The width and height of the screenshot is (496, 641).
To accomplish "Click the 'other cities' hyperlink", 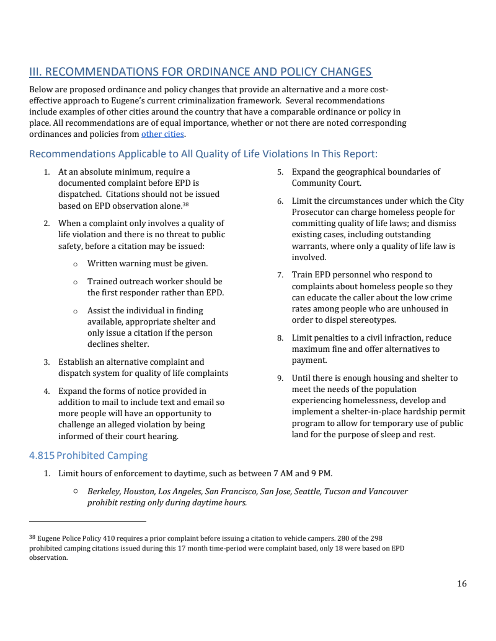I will pos(162,134).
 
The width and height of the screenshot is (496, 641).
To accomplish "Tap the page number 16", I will pos(461,583).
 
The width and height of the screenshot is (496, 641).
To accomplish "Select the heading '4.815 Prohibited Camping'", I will pos(88,455).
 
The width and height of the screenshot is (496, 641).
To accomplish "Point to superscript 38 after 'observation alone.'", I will pos(185,204).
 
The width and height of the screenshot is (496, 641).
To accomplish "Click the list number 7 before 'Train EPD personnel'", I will pos(280,275).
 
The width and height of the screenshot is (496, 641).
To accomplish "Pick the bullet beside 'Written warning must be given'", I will pos(75,264).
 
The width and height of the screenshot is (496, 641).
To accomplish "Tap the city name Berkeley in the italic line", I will pos(104,491).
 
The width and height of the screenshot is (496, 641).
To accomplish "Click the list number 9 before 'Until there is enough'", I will pos(280,378).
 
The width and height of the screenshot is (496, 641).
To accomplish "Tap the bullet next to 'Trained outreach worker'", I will pos(75,282).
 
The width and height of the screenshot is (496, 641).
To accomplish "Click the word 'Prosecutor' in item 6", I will pos(313,212).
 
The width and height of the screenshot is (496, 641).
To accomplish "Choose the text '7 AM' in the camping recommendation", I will pos(282,474).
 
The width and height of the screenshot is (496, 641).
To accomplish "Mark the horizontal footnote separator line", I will pos(87,521).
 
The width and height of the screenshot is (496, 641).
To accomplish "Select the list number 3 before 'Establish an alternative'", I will pos(46,362).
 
